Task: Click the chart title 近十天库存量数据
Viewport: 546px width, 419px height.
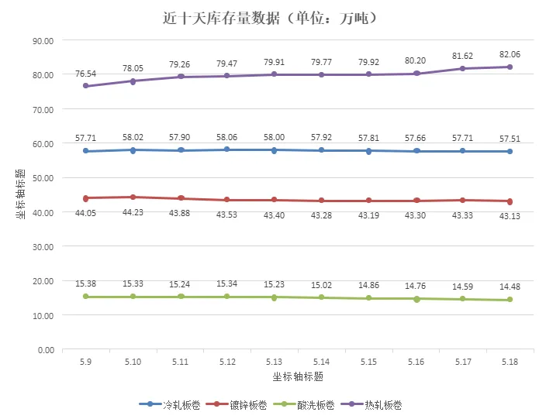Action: coord(221,18)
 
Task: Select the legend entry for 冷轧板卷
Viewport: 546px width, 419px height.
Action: coord(170,405)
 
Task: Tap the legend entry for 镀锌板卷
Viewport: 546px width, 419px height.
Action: coord(237,405)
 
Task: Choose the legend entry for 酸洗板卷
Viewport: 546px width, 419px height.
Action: coord(304,405)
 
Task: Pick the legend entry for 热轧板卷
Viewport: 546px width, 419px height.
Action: coord(371,405)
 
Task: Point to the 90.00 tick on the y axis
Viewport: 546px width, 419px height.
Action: coord(43,41)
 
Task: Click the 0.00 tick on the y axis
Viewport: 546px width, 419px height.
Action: coord(46,350)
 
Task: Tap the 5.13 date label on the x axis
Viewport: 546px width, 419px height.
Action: coord(274,362)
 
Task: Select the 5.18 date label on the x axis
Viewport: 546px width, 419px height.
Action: coord(510,362)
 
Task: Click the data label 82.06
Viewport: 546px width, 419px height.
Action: coord(510,54)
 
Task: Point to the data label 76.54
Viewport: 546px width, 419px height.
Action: coord(85,74)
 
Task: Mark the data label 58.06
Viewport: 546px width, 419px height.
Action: coord(226,137)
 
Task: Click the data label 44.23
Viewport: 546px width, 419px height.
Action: coord(133,212)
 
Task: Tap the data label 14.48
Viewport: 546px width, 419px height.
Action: coord(510,287)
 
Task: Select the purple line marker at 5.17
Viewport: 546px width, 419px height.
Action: coord(462,68)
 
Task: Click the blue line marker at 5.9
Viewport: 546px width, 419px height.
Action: coord(85,151)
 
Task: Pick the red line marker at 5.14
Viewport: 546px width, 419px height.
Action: coord(321,201)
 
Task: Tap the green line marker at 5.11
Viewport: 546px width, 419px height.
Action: coord(181,297)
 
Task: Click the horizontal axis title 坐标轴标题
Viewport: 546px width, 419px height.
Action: coord(298,376)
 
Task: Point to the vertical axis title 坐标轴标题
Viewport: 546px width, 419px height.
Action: coord(21,194)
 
